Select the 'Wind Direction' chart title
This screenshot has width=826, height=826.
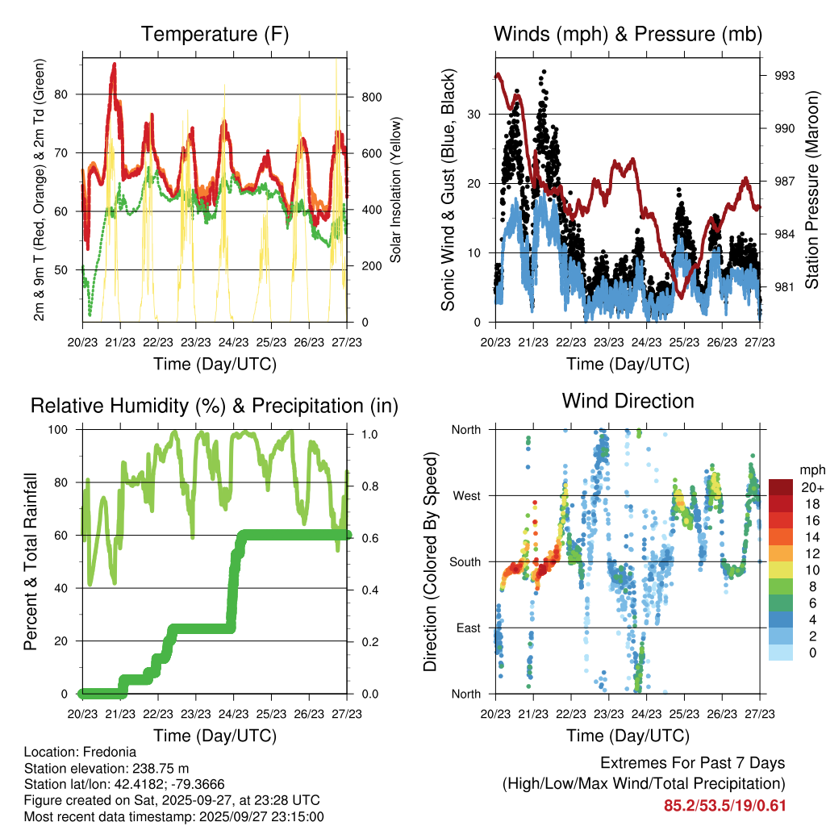click(x=628, y=400)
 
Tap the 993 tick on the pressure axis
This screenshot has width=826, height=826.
click(x=785, y=76)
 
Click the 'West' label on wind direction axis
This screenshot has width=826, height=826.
click(x=465, y=495)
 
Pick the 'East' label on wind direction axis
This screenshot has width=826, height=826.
click(x=467, y=628)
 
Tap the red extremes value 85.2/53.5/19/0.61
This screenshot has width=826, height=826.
click(x=724, y=805)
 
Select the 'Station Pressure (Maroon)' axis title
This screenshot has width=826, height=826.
click(x=812, y=190)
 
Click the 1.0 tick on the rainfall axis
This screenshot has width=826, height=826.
click(x=369, y=434)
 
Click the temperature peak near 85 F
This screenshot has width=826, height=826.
click(x=115, y=64)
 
